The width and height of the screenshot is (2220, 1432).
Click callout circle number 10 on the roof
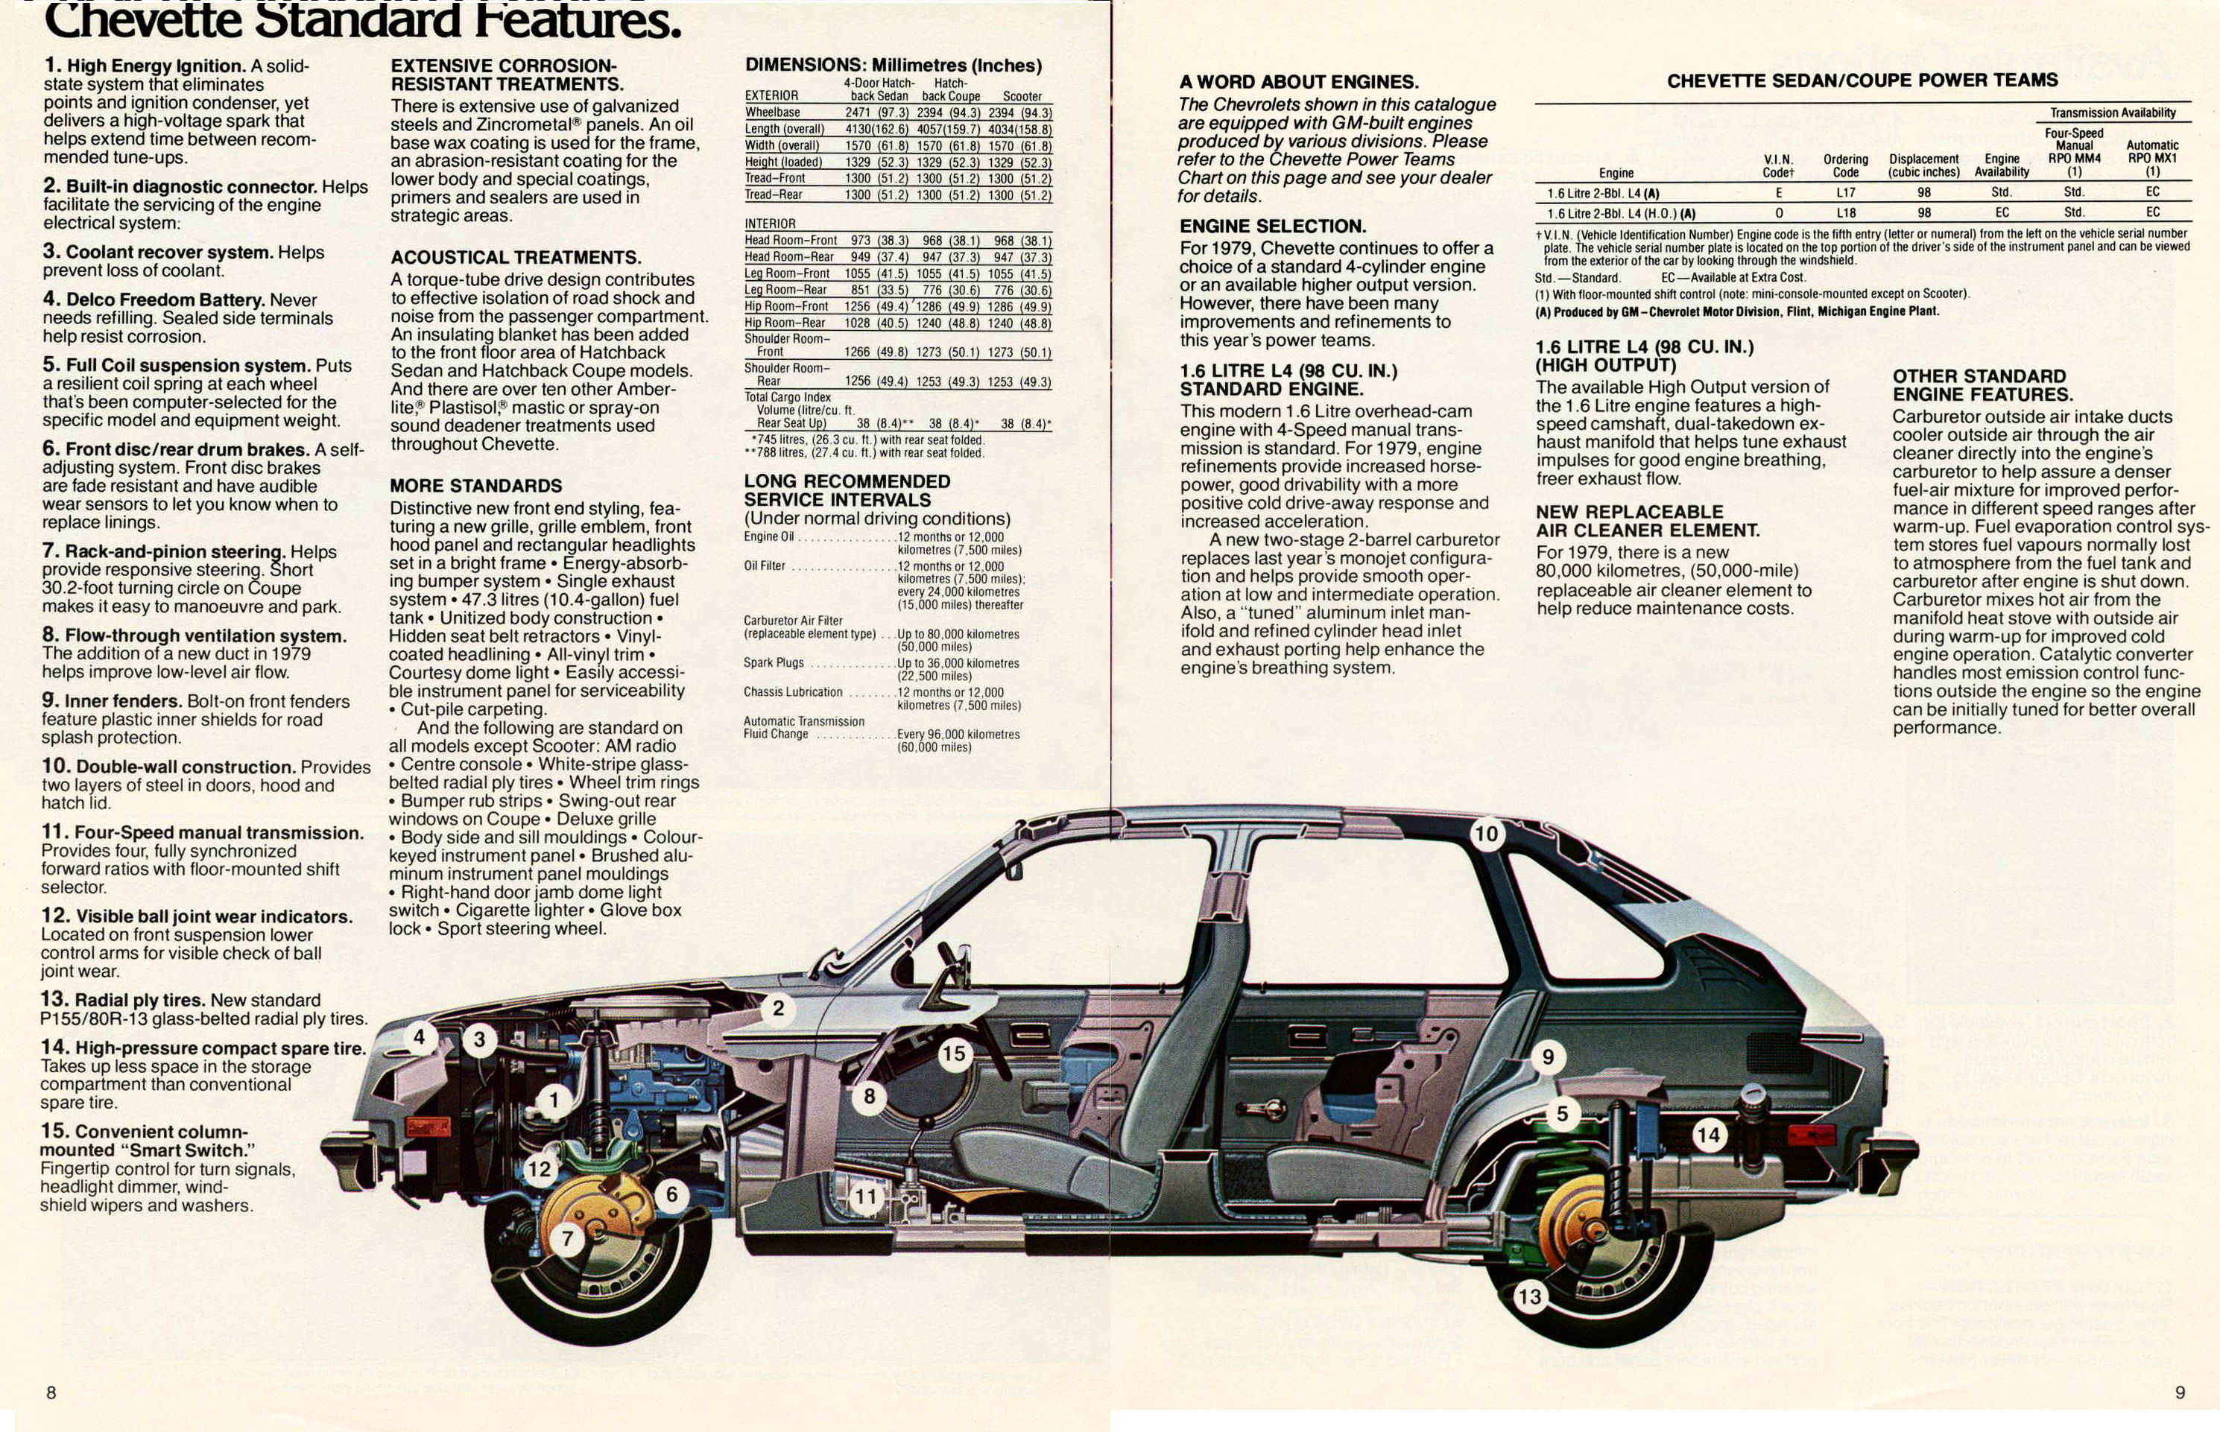pos(1486,833)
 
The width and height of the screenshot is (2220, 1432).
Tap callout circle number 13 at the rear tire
pos(1529,1296)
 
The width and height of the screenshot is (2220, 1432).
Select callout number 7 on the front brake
pos(567,1238)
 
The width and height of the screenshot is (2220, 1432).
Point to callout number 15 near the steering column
pos(953,1054)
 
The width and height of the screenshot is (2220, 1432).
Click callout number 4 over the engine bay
pos(420,1037)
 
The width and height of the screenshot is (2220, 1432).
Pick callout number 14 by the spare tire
pos(1709,1135)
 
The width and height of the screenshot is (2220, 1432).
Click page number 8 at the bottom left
pos(51,1392)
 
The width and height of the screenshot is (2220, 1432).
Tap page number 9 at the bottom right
pos(2179,1392)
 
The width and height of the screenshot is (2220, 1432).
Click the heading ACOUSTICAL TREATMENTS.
pos(515,258)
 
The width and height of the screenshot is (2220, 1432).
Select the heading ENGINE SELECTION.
pos(1272,226)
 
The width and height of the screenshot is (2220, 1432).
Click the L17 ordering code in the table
pos(1845,192)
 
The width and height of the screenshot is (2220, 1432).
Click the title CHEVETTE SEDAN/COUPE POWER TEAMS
pos(1862,81)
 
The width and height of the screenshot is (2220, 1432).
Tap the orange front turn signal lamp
pos(428,1128)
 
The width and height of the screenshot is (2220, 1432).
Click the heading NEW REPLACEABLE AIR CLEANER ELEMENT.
pos(1647,521)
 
